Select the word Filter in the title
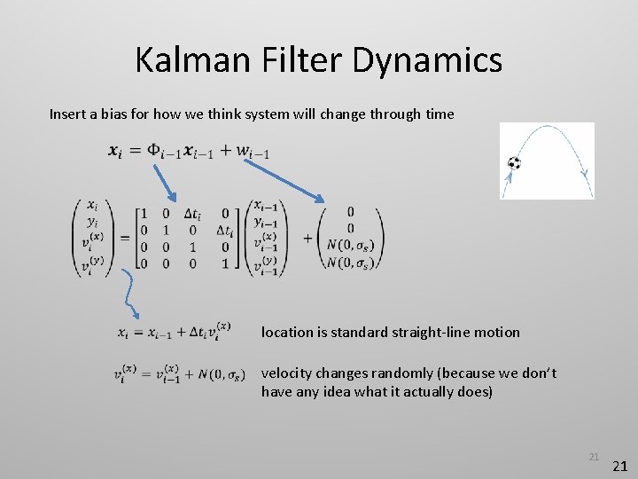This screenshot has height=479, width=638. (307, 60)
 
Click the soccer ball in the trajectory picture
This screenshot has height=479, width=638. (515, 163)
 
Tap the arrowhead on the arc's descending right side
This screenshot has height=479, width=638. (583, 174)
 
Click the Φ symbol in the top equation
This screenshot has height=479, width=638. (154, 150)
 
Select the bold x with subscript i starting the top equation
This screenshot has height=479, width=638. (115, 151)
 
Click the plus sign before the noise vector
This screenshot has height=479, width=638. (307, 238)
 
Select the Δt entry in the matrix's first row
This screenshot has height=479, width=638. (192, 214)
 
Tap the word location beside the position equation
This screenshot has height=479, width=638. (287, 332)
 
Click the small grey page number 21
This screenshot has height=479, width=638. (594, 457)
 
